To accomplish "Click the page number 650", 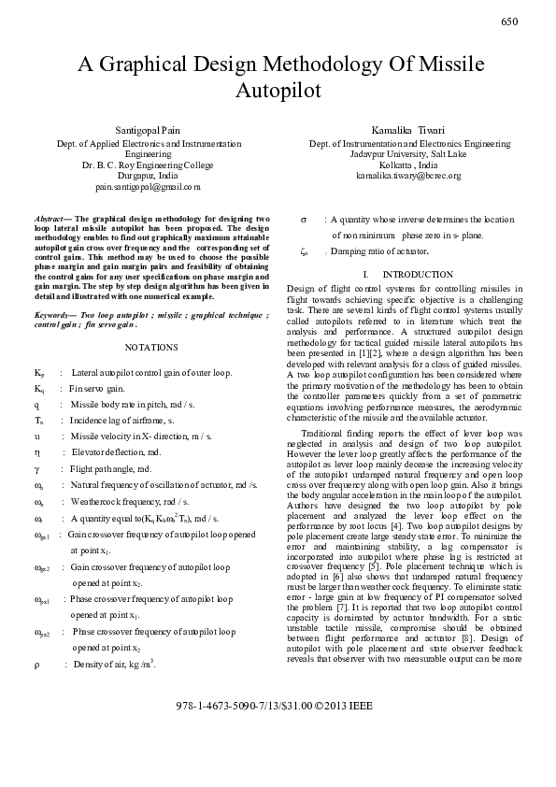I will point(509,21).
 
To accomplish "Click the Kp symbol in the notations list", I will point(39,372).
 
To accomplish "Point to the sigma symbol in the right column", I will point(305,219).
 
